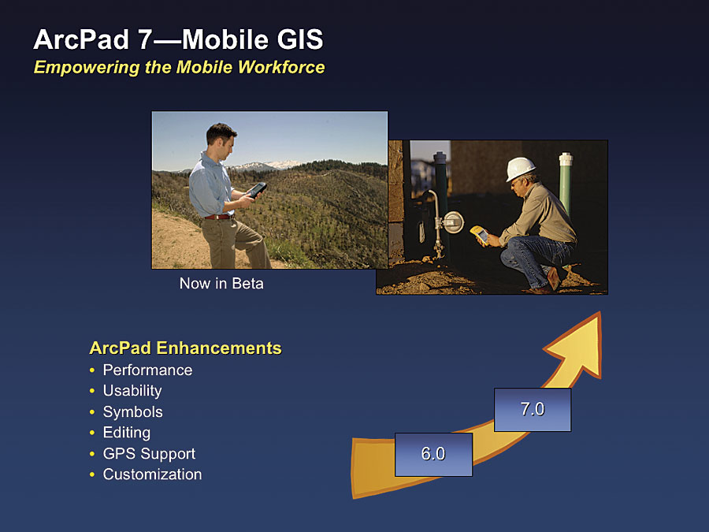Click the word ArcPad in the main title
tap(81, 39)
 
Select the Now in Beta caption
tap(221, 284)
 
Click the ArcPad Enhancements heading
tap(185, 348)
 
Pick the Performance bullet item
tap(147, 370)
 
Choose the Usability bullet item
tap(132, 391)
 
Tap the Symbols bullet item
tap(132, 411)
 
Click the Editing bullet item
tap(127, 433)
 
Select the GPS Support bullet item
tap(149, 453)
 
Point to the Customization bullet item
tap(152, 474)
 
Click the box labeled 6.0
tap(433, 454)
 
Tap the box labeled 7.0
tap(533, 409)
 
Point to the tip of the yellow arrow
tap(599, 312)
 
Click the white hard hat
tap(520, 169)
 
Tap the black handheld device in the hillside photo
tap(256, 189)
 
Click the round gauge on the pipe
tap(452, 222)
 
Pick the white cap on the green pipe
tap(566, 158)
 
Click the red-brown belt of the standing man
tap(218, 218)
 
